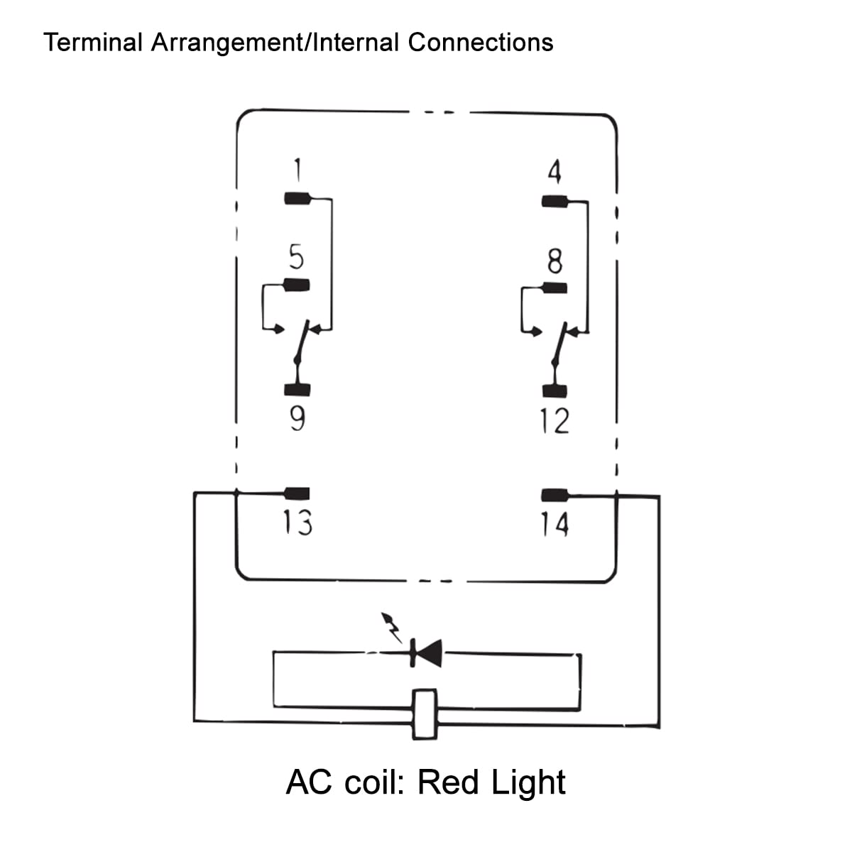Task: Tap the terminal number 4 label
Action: pos(555,173)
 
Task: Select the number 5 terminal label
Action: pos(297,256)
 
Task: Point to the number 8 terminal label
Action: pos(555,261)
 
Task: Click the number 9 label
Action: pos(298,419)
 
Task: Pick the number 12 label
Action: pos(554,422)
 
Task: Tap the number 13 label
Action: pos(297,523)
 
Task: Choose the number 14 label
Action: pos(554,525)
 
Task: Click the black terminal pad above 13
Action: pos(297,493)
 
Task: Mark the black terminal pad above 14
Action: pos(555,495)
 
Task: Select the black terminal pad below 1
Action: pos(297,199)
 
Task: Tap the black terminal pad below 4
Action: pos(555,202)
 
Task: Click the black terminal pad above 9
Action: pos(297,389)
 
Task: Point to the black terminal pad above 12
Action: pos(555,390)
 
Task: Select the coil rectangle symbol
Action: pos(425,714)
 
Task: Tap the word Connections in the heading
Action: pos(481,43)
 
